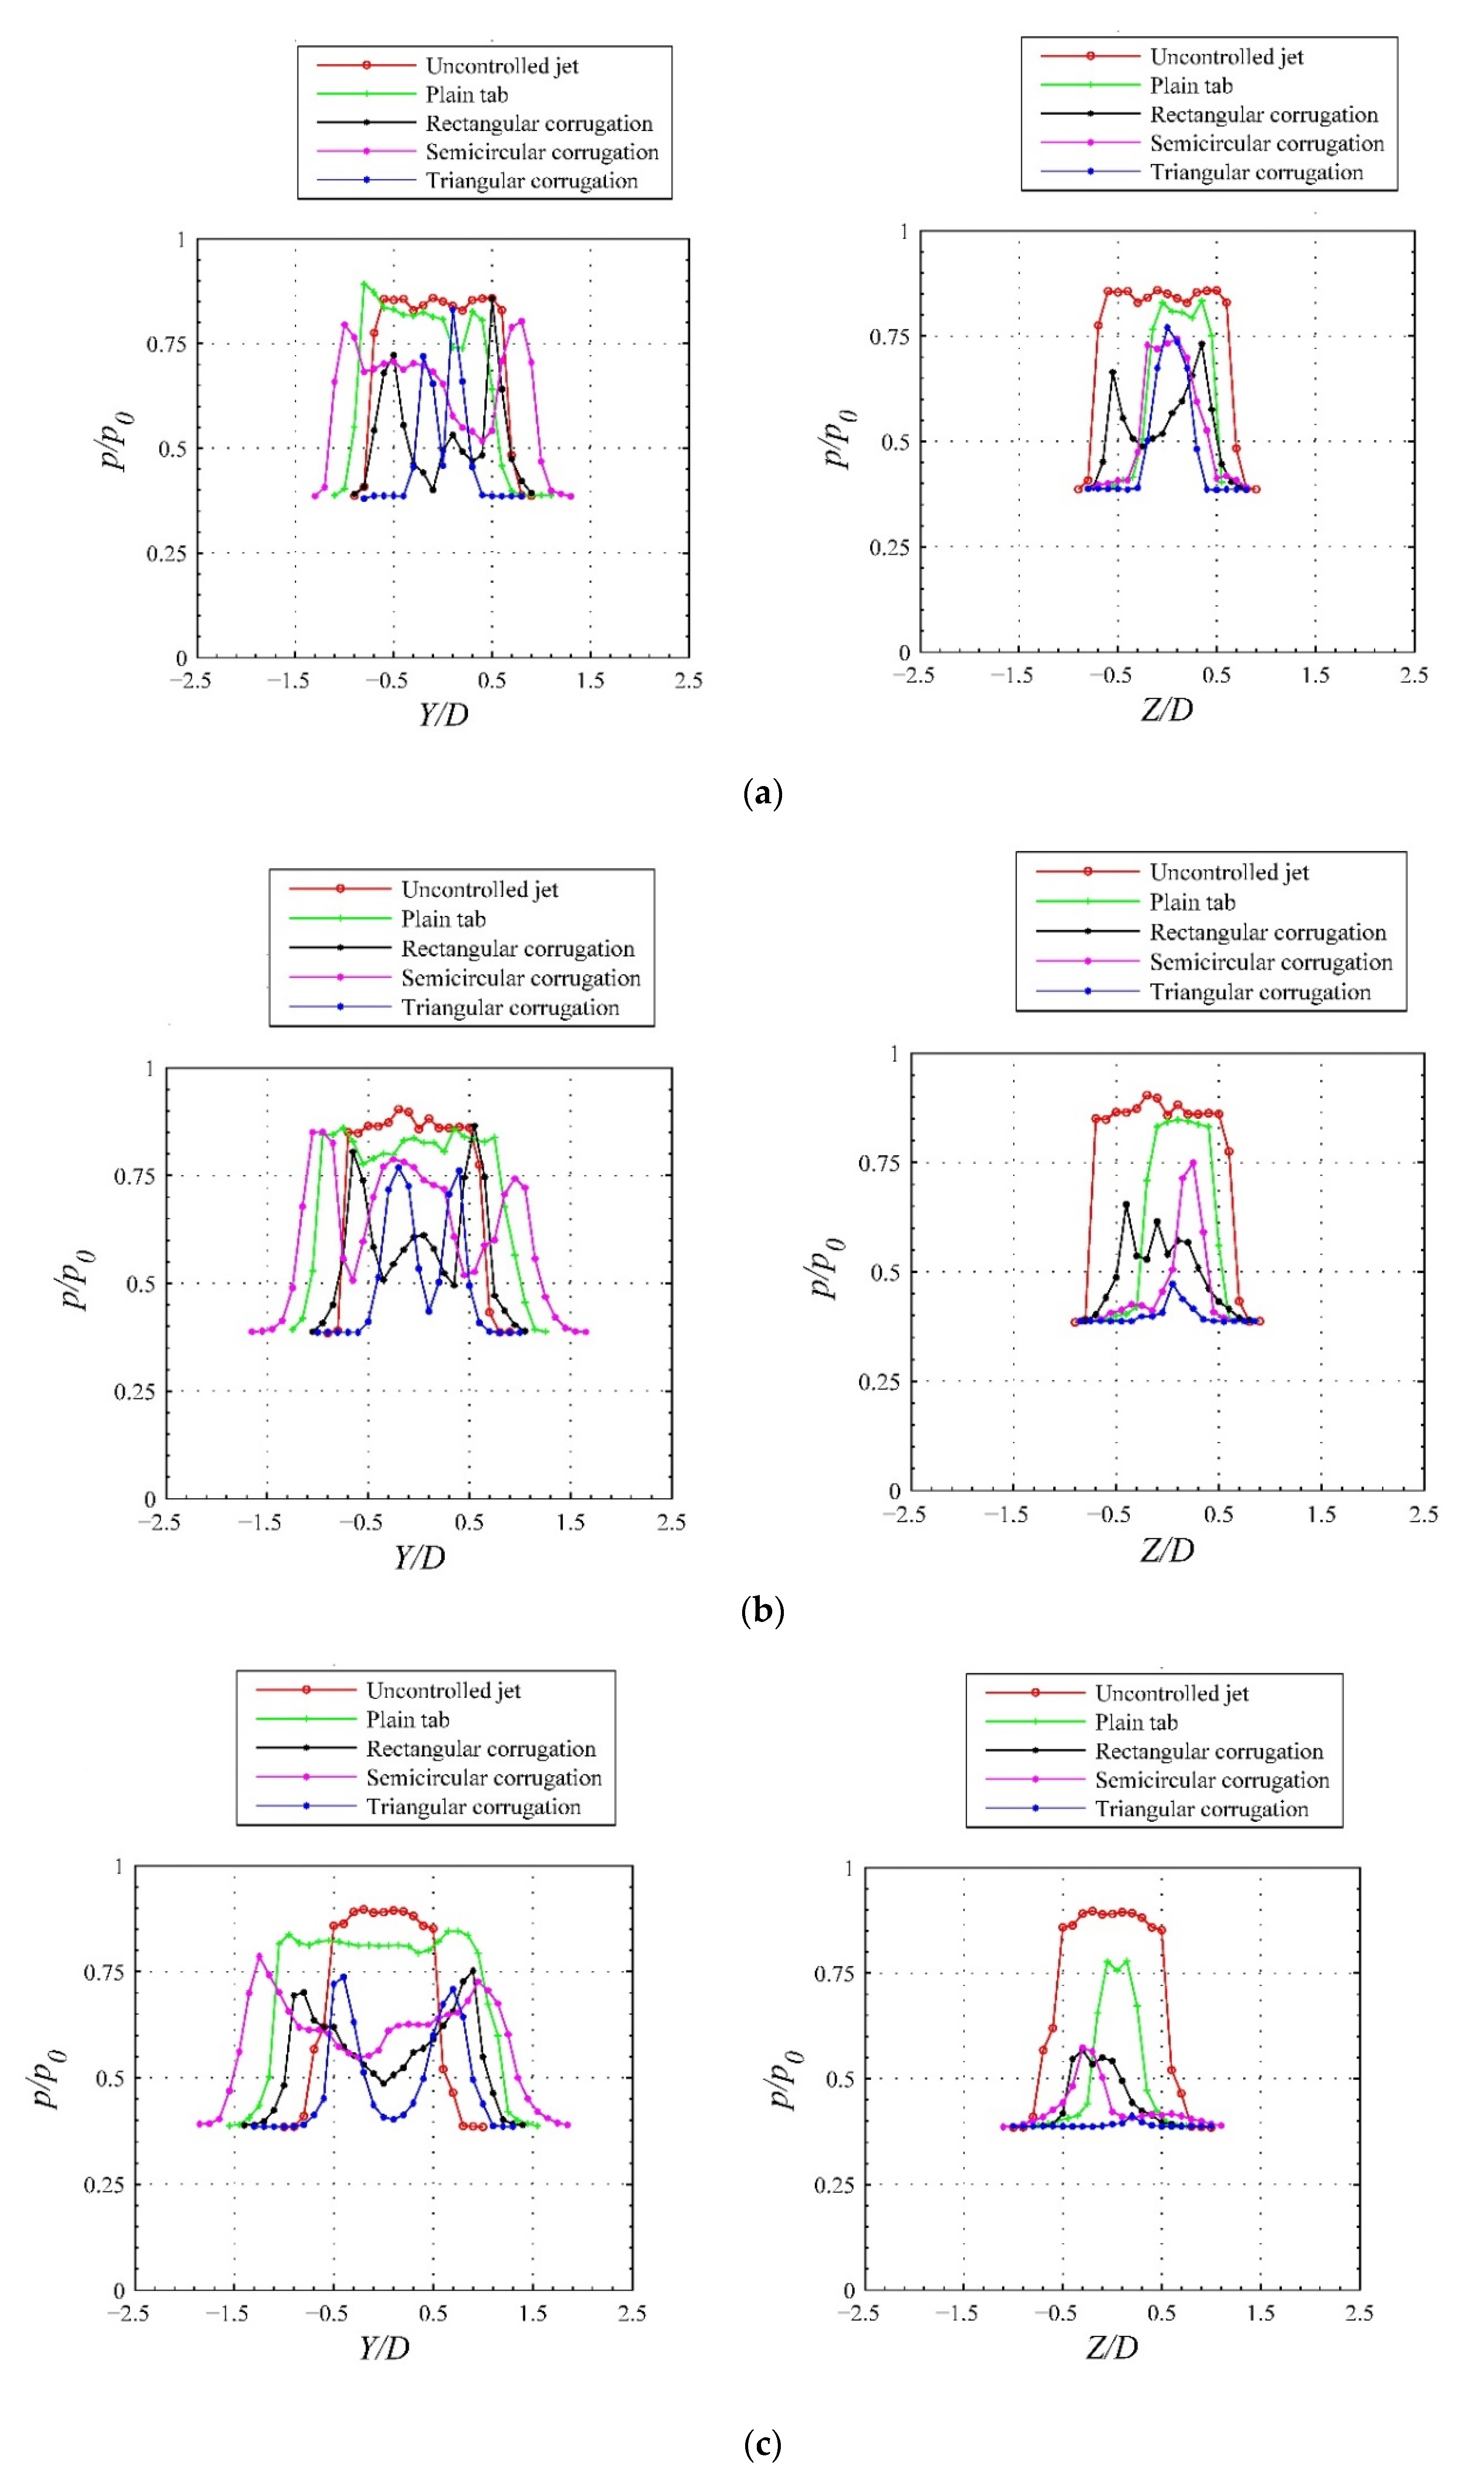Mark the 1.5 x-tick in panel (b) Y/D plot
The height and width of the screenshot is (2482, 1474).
point(570,1523)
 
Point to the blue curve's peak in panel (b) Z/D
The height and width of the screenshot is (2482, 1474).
point(1172,1284)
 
